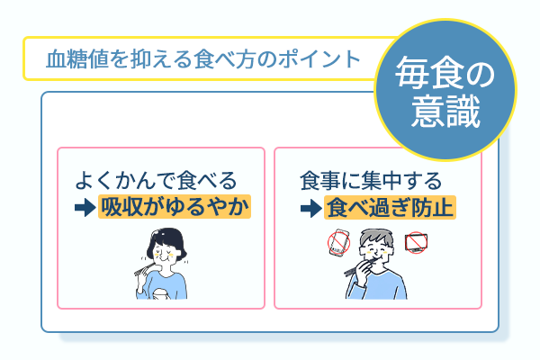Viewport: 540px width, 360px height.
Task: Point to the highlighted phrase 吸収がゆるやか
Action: tap(175, 208)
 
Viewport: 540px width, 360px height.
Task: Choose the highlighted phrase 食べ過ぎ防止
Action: tap(391, 208)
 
